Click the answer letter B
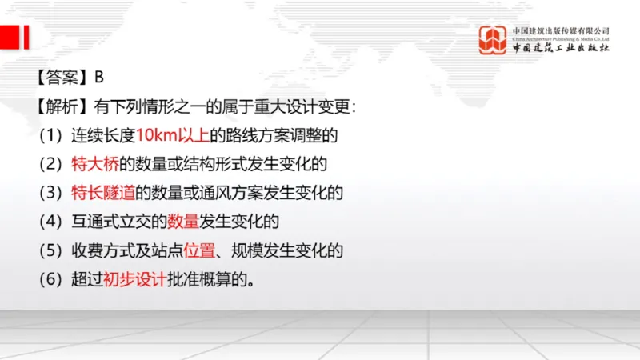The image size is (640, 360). (x=99, y=78)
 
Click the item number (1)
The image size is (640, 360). (x=50, y=135)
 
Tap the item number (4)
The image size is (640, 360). (x=50, y=222)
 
